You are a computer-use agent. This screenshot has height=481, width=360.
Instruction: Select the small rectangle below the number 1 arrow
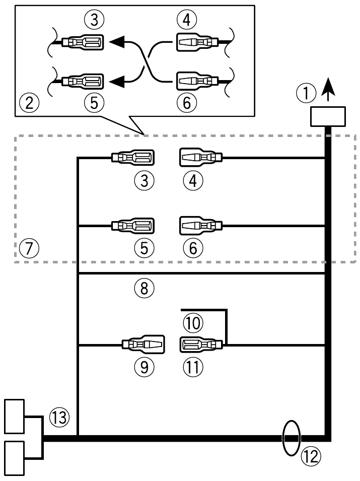[x=328, y=116]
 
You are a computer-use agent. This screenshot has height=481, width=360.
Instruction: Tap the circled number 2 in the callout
[x=28, y=103]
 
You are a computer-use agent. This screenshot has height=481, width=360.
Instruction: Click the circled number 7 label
[x=28, y=248]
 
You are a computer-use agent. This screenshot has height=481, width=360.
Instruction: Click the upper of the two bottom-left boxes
[x=15, y=416]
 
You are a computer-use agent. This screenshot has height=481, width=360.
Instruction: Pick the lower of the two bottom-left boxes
[x=15, y=457]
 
